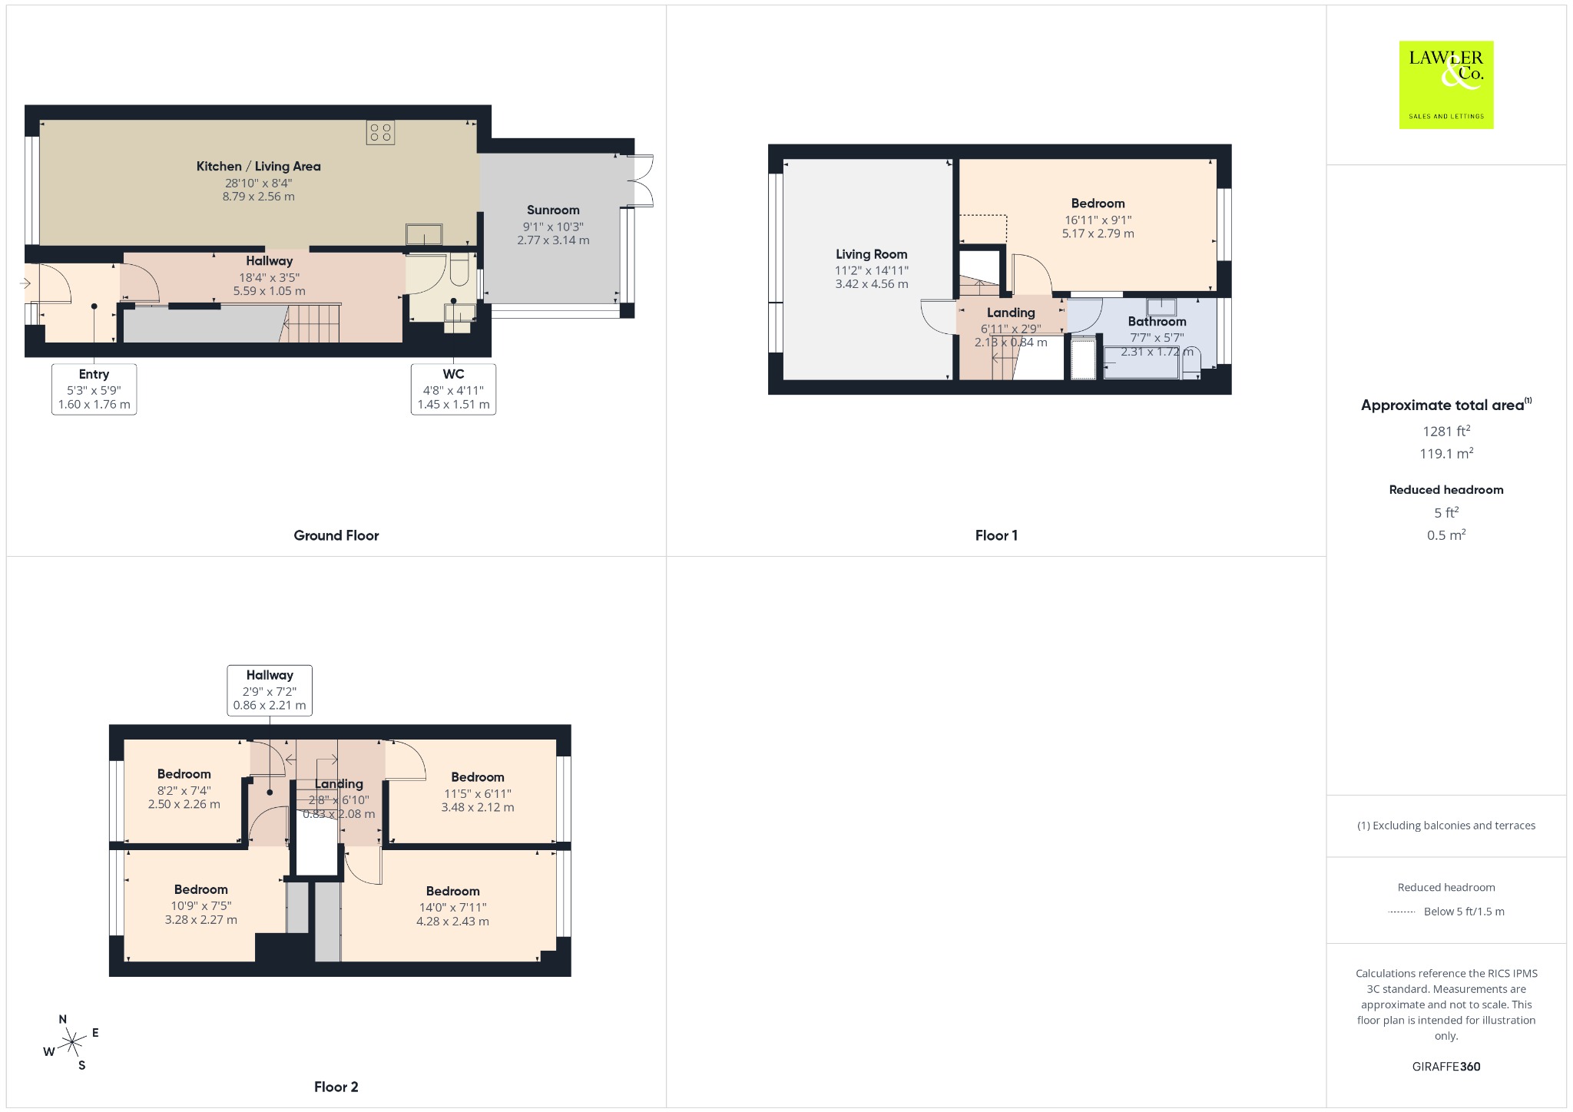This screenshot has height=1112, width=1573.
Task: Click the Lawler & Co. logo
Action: (1446, 84)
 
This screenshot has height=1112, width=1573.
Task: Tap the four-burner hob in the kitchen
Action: (380, 132)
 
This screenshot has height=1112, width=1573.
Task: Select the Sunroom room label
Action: (553, 210)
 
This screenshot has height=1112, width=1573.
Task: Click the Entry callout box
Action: (94, 389)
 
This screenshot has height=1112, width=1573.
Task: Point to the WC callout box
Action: (453, 389)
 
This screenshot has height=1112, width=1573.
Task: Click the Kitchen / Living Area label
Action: (259, 166)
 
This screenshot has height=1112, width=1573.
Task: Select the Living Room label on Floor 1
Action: (872, 254)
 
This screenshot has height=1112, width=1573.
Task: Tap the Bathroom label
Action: (1157, 322)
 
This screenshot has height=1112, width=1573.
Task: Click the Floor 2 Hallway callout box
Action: (270, 690)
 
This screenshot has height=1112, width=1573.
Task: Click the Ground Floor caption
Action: (336, 535)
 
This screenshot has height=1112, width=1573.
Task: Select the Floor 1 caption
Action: (996, 535)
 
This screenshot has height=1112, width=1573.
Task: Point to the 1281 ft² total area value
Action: (1446, 431)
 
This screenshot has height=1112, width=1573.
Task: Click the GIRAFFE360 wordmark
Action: (1446, 1066)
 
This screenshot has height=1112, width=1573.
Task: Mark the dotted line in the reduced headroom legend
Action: (1402, 912)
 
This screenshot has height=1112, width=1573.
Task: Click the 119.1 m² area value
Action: (1446, 453)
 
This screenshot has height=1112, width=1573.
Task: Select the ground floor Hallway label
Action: (270, 261)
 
